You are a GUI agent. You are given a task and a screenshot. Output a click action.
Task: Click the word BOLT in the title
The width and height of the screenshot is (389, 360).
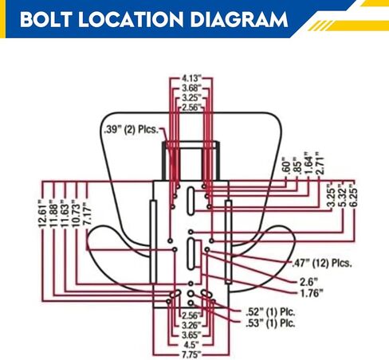45,19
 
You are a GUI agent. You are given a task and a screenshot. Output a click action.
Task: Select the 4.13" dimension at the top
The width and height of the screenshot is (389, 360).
191,78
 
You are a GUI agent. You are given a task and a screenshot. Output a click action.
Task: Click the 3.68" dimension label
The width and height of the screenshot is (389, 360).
191,88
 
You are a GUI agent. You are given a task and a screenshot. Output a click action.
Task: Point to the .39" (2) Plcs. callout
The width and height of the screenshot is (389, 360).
132,130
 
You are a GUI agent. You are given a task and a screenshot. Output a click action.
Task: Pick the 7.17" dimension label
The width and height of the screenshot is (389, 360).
88,214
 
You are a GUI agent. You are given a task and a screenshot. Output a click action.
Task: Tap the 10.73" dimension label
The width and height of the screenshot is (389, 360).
77,214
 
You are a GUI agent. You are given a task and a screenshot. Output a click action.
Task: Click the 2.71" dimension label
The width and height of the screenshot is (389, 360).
320,163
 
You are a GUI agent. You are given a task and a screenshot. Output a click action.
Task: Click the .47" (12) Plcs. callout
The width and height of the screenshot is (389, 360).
322,264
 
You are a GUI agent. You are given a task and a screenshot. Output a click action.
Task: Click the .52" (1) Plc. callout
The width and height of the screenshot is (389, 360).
270,312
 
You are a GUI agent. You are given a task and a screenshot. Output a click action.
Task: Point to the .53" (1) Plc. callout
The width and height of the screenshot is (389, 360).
270,323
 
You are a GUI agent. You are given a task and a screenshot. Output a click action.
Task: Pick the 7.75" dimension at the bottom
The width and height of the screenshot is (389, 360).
191,354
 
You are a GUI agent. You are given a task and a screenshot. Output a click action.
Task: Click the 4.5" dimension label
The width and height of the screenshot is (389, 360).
191,345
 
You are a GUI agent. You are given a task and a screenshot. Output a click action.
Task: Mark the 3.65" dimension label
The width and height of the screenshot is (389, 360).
191,335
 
